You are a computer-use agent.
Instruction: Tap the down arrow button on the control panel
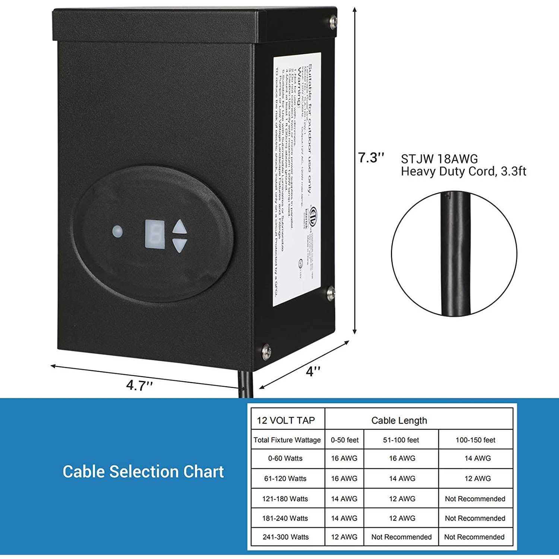(180, 245)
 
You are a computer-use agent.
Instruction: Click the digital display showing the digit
(155, 234)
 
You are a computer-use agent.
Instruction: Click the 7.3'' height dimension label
(371, 158)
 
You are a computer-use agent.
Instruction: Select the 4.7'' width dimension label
(139, 385)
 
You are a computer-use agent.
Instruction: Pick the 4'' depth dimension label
(313, 371)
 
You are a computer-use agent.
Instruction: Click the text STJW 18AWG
(439, 159)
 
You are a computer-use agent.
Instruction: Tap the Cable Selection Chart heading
(143, 471)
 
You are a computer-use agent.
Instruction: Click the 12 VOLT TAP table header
(286, 420)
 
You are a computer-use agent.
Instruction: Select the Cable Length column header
(399, 420)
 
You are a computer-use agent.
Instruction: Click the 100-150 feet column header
(475, 440)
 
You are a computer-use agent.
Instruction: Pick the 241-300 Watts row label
(286, 537)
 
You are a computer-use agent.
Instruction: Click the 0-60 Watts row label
(285, 458)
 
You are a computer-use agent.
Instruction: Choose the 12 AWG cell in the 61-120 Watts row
(477, 479)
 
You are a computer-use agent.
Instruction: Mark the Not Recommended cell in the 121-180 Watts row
(475, 499)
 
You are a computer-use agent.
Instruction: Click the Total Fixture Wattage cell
(287, 440)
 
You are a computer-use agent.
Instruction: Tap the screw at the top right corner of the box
(333, 22)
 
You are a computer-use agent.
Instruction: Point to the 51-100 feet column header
(401, 440)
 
